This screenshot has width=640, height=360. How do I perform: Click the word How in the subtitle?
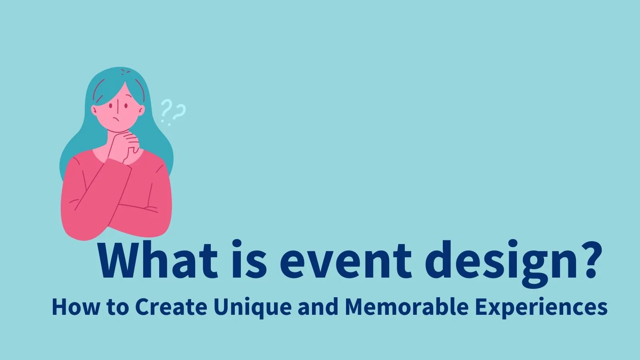coord(75,307)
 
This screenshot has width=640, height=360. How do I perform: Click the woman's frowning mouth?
coord(116,120)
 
